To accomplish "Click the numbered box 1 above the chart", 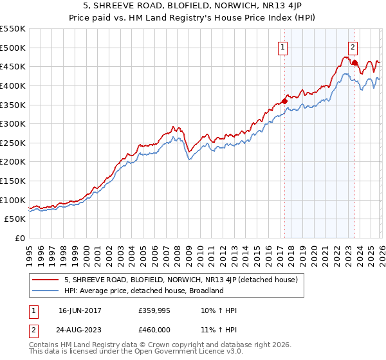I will (x=283, y=46).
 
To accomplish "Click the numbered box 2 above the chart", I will (x=353, y=46).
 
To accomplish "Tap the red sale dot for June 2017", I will (x=284, y=101).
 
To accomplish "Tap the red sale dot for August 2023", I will (x=354, y=62).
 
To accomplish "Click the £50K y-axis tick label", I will (x=15, y=219).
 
